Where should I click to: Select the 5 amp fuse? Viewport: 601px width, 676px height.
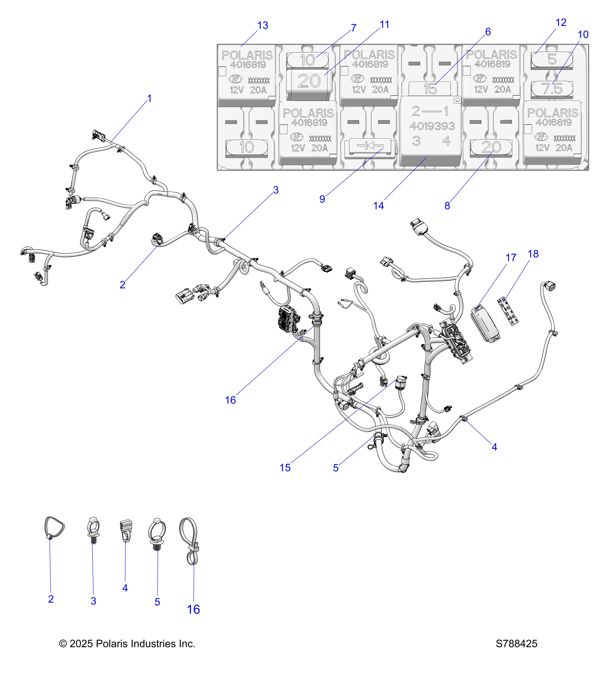(x=552, y=60)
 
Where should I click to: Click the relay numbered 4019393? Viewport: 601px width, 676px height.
(x=430, y=131)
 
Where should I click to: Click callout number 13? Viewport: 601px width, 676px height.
(x=263, y=26)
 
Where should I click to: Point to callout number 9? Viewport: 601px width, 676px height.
(x=322, y=199)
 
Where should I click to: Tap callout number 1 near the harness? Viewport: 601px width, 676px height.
(x=149, y=99)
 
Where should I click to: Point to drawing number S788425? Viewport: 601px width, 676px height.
(x=516, y=644)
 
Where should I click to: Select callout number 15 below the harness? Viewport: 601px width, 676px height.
(x=285, y=468)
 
